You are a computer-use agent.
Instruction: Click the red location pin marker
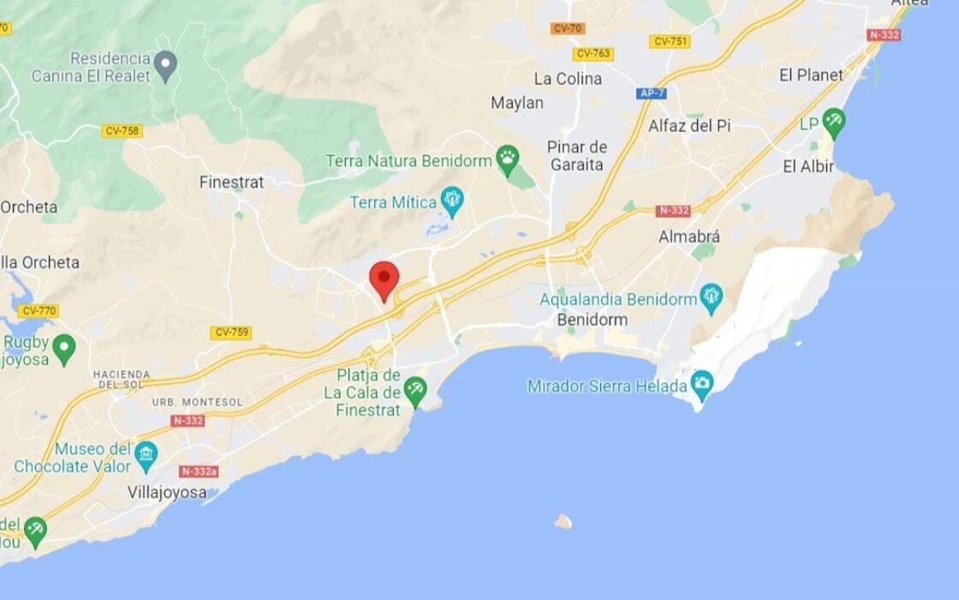(384, 279)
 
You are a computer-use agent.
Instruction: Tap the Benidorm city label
(592, 320)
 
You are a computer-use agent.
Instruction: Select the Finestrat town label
(231, 182)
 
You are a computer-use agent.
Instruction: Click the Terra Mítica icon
(452, 201)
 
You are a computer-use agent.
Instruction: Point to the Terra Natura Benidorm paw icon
(508, 159)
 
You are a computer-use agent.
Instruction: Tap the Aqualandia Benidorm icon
(711, 297)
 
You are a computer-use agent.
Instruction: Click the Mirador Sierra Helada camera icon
(702, 383)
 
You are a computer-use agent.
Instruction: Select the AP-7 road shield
(652, 93)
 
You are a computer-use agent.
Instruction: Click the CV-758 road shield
(122, 131)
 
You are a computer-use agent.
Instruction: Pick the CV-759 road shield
(231, 333)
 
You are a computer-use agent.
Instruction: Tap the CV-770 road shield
(39, 311)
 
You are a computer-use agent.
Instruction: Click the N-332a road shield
(199, 471)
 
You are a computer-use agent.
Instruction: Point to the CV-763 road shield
(593, 53)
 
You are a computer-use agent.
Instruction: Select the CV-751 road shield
(670, 41)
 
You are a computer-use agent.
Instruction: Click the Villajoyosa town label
(167, 493)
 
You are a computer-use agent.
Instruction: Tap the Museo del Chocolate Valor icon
(146, 454)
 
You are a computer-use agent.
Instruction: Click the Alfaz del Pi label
(689, 126)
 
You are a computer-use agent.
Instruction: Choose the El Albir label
(808, 166)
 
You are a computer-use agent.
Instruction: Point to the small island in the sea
(563, 520)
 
